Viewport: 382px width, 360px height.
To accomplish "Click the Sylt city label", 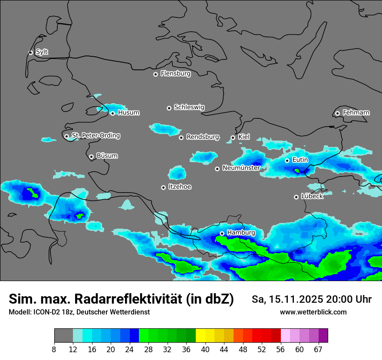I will click(42, 52).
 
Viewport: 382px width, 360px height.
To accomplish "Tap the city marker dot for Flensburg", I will click(155, 74).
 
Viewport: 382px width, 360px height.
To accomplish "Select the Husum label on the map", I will click(128, 113).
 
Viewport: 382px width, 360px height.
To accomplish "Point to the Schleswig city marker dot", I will click(169, 108).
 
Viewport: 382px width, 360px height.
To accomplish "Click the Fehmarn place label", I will click(356, 113).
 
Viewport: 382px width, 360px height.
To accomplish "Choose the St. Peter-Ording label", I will click(95, 135).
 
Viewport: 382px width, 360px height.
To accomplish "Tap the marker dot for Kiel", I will click(233, 137).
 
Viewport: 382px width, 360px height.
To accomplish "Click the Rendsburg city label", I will click(203, 137).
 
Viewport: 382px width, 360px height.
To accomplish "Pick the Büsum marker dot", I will click(91, 157).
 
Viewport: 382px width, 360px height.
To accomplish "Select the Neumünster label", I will click(241, 168).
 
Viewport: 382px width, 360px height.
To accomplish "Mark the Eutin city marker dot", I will click(287, 160).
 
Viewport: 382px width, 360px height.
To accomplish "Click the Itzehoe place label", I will click(180, 187).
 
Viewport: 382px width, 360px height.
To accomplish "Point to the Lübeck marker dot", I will click(296, 197).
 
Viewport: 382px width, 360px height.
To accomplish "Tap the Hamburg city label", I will click(241, 233).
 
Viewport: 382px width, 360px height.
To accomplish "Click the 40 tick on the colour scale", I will click(205, 349).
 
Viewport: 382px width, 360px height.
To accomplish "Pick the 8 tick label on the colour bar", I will click(54, 349).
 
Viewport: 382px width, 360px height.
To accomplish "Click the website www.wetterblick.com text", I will click(313, 312).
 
